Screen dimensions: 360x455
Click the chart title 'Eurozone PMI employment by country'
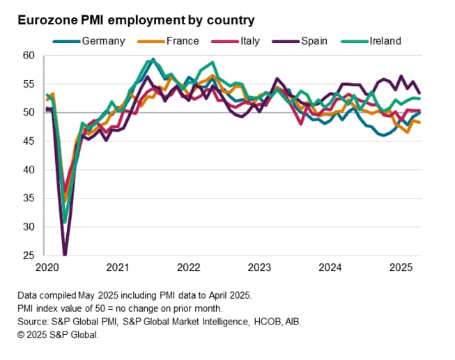click(136, 20)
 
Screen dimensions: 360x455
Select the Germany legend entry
click(103, 41)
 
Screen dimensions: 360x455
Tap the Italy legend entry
click(249, 41)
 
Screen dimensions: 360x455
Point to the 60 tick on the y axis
click(29, 55)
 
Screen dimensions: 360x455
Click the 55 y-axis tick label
click(29, 84)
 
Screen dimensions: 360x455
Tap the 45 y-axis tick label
click(29, 141)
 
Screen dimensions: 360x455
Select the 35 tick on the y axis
click(29, 198)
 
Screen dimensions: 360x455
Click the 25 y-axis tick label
click(29, 255)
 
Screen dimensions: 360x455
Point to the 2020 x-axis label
click(47, 267)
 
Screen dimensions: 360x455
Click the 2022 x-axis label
click(189, 267)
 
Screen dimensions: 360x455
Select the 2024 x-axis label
click(330, 267)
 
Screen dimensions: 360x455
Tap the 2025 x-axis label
click(401, 267)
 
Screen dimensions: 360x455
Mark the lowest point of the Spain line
click(65, 254)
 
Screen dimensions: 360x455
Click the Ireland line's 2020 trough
click(65, 222)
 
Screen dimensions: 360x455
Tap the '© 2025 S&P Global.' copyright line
click(58, 334)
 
